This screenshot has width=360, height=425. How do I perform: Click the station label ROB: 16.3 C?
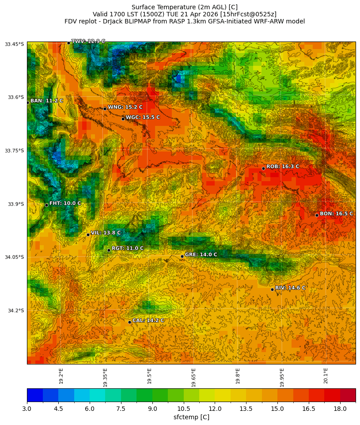pos(283,167)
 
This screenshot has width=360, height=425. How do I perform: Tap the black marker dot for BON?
pos(317,215)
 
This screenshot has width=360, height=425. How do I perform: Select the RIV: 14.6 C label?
pos(290,288)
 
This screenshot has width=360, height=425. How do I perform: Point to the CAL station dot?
pos(129,322)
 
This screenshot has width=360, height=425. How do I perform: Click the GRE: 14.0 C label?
pos(201,254)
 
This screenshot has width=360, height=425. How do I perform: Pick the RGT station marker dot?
pos(109,250)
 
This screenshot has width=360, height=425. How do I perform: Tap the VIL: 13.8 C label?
pos(106,233)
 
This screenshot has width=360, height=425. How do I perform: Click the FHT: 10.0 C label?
pos(65,203)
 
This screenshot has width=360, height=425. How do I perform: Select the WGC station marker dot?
pos(123,119)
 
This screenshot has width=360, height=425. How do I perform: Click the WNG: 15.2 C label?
pos(125,107)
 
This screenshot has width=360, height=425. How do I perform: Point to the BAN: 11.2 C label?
pos(46,101)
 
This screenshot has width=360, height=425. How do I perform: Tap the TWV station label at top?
pos(88,41)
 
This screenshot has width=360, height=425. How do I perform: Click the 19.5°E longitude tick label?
pos(149,375)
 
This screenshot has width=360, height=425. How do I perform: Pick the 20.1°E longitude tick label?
pos(326,375)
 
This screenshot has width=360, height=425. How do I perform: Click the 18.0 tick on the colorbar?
pos(340,409)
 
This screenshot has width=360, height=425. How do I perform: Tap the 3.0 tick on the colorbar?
pos(27,409)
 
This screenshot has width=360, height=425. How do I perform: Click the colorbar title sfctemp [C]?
pos(191,417)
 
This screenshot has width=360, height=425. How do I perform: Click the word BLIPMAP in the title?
pos(130,21)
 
